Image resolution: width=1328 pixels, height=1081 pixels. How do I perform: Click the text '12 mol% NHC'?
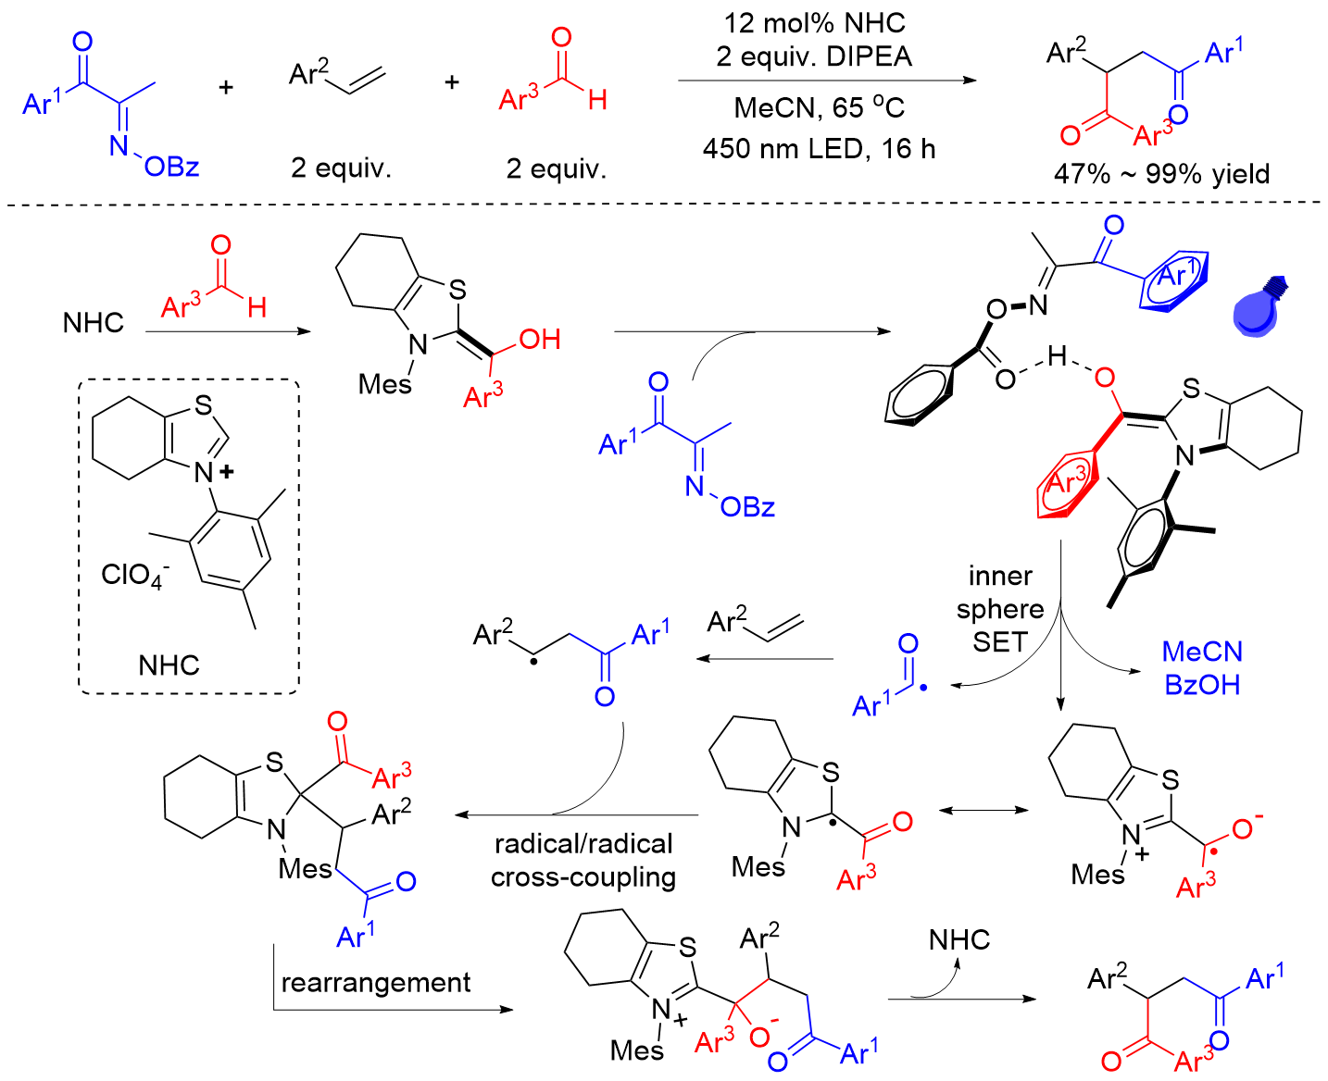tap(814, 23)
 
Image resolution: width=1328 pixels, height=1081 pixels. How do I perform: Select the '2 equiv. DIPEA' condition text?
tap(814, 56)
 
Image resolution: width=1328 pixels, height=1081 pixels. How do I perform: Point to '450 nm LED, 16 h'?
tap(819, 148)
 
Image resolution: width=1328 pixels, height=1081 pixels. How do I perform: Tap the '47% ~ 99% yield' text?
tap(1161, 174)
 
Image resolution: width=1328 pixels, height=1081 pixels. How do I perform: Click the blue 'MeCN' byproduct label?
tap(1202, 652)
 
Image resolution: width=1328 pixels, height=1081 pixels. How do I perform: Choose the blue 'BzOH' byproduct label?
tap(1202, 685)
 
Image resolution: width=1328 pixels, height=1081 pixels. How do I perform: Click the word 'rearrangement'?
tap(375, 982)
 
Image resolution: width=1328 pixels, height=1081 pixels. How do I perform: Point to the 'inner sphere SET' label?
tap(1000, 608)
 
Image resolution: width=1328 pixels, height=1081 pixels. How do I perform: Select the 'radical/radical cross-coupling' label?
tap(583, 860)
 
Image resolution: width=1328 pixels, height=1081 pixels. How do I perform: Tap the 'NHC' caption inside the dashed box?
tap(169, 665)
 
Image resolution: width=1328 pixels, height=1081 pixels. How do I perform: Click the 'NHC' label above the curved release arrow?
tap(959, 940)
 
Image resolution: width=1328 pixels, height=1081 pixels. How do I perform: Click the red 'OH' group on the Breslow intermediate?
tap(540, 340)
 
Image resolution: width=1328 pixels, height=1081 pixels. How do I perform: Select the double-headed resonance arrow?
tap(983, 811)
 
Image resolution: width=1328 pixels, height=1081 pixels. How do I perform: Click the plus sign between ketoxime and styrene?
tap(226, 87)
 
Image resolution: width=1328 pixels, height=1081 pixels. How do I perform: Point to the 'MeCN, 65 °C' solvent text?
tap(819, 107)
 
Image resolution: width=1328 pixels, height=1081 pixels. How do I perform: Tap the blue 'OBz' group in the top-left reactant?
tap(172, 167)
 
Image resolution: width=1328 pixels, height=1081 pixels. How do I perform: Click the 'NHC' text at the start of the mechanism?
tap(94, 322)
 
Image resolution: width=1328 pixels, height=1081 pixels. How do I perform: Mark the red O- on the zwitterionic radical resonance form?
tap(1245, 826)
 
